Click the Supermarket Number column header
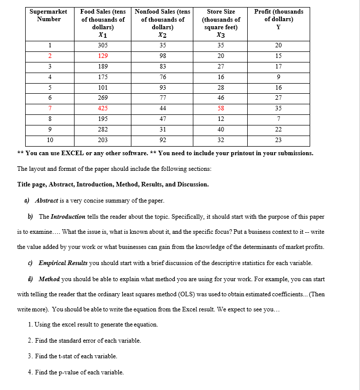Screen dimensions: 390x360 [x=45, y=15]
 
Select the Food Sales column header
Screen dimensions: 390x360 [x=103, y=23]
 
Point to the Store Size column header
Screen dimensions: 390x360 [x=221, y=23]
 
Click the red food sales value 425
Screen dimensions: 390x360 [x=103, y=108]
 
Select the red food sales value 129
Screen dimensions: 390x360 [x=103, y=56]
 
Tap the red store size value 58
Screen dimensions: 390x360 [x=221, y=108]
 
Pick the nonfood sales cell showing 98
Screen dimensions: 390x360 [x=163, y=56]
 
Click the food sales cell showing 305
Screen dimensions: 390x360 [x=103, y=45]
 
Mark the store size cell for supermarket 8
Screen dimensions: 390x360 [x=221, y=119]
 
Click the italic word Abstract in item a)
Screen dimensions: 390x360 [x=47, y=201]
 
